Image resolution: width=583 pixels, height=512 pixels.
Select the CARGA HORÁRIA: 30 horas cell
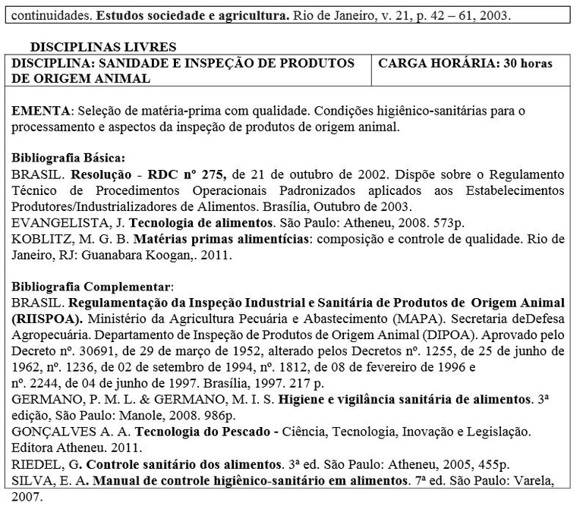pos(465,63)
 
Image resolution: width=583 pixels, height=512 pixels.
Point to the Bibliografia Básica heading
pos(66,159)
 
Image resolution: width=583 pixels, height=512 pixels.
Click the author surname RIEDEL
pos(35,463)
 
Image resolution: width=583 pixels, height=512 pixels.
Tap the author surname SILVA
pos(31,479)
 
